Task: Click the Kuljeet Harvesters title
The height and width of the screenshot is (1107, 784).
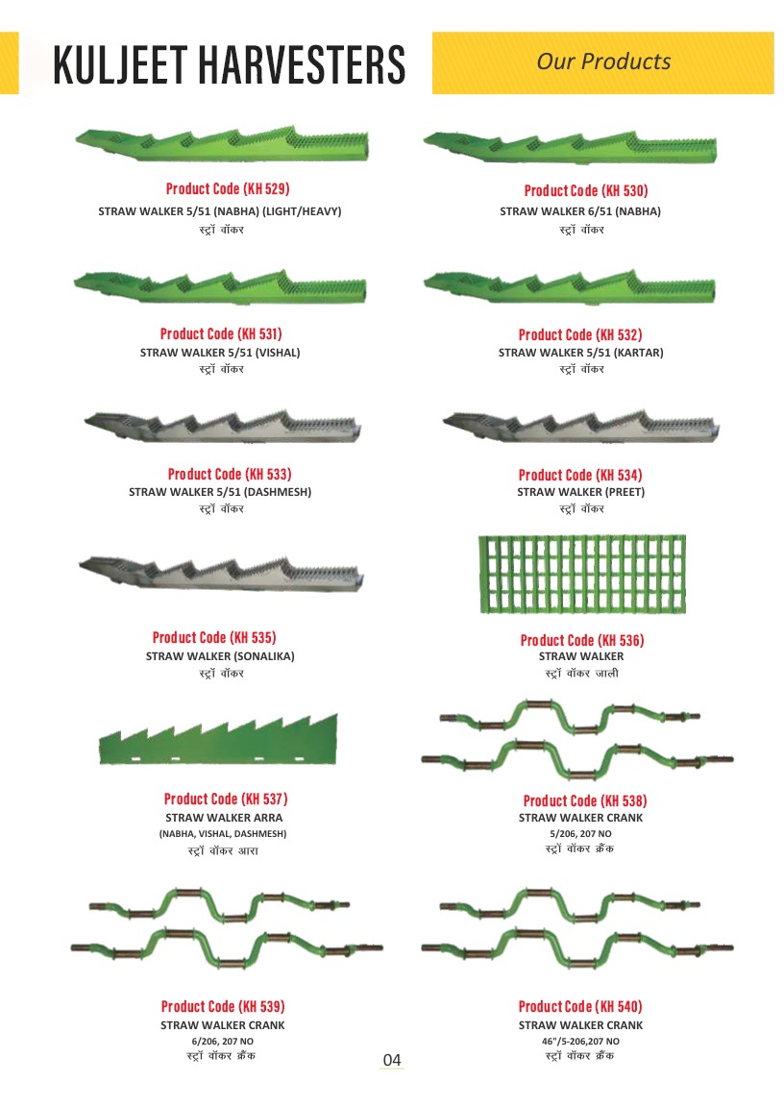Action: coord(230,64)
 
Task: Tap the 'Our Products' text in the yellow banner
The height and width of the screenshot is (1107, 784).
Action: coord(603,61)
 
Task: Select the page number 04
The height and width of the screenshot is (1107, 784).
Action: coord(392,1060)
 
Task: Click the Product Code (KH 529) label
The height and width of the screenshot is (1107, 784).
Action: coord(228,188)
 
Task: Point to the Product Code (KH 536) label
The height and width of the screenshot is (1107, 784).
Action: coord(581,640)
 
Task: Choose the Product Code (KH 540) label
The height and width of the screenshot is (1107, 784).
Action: coord(580,1006)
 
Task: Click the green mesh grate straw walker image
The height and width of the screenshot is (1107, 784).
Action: coord(582,574)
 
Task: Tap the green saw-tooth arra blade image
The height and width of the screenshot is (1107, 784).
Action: coord(218,739)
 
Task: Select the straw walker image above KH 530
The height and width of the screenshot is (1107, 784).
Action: coord(570,147)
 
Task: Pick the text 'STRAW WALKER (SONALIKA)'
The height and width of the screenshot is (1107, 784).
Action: coord(220,656)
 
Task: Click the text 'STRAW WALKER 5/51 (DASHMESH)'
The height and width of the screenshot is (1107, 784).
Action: coord(220,491)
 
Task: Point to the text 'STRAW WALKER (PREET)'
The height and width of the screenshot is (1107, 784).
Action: coord(580,491)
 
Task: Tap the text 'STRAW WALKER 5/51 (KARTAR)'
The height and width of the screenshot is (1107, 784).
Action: coord(580,353)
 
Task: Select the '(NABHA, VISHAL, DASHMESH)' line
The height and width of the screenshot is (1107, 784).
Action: coord(223,834)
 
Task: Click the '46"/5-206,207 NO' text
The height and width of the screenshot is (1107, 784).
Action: coord(580,1042)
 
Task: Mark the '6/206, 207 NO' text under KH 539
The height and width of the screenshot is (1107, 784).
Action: coord(222,1042)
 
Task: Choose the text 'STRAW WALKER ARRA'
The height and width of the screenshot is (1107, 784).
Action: coord(224,818)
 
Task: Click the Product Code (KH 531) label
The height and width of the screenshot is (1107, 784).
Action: coord(221,333)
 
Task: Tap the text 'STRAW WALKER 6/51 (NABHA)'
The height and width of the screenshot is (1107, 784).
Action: coord(580,211)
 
